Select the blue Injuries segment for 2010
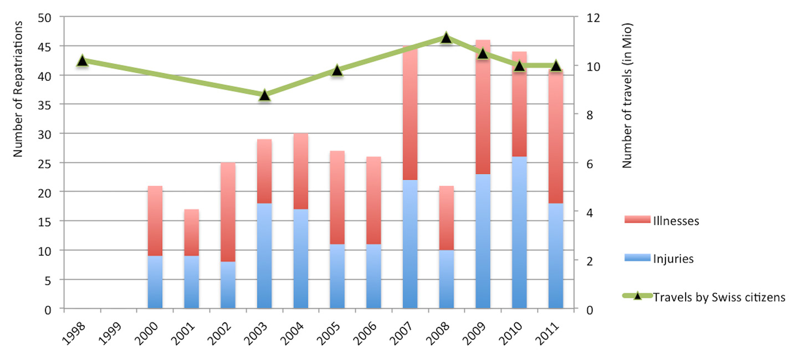pos(519,233)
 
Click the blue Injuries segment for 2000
pos(155,282)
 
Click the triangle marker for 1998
pos(83,61)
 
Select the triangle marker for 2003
pos(264,95)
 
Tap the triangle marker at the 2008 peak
pos(447,38)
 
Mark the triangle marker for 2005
pos(337,70)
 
